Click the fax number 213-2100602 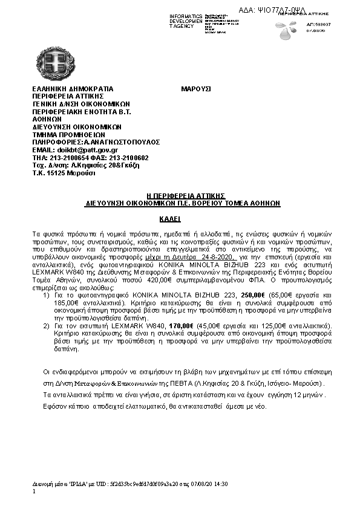[x=128, y=157]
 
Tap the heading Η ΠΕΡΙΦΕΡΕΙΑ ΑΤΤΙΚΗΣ [x=186, y=196]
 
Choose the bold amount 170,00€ [x=182, y=326]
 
